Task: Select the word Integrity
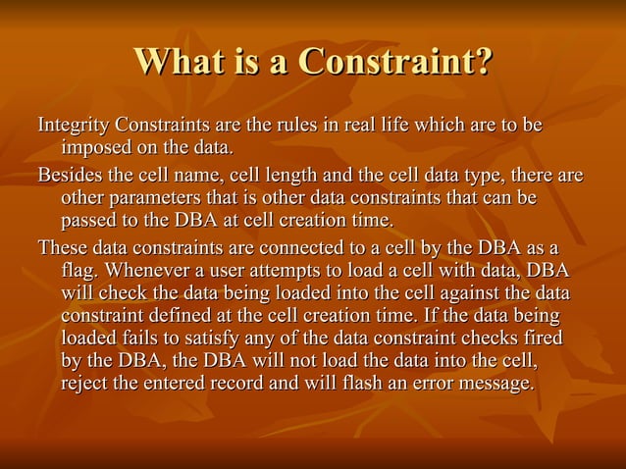[x=73, y=127]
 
